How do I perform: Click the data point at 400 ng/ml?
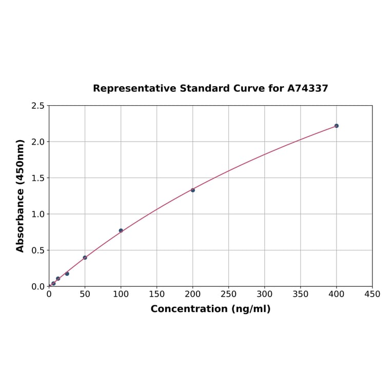click(x=337, y=126)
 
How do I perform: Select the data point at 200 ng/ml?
click(x=193, y=190)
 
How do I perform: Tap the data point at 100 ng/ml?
click(x=121, y=231)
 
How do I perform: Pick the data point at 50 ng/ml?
click(x=85, y=258)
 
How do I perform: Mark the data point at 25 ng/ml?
click(x=67, y=273)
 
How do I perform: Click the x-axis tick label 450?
click(x=373, y=294)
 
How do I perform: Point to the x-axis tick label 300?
click(x=265, y=294)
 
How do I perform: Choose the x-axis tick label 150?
click(x=157, y=294)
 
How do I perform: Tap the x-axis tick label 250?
click(x=229, y=294)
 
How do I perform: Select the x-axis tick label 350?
click(x=301, y=294)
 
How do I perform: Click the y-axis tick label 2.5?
click(x=38, y=106)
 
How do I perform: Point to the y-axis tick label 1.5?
click(x=38, y=178)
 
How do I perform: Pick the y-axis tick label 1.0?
click(x=38, y=214)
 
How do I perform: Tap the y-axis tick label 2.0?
click(x=38, y=142)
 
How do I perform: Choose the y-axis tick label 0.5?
click(x=38, y=250)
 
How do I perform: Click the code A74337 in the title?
click(x=307, y=88)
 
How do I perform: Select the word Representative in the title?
click(x=134, y=88)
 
